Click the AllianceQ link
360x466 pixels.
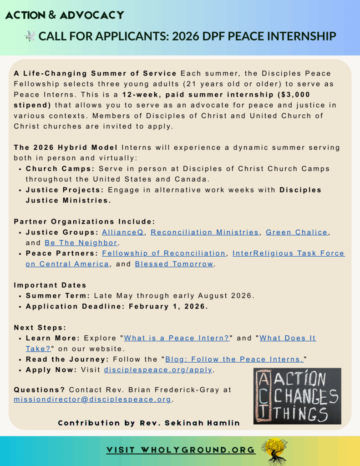(123, 232)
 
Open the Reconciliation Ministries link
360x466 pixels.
(204, 232)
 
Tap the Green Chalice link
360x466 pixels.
(296, 232)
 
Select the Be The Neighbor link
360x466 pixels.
(81, 243)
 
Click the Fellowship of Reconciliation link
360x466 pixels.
(164, 253)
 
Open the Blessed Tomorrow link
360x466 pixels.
(174, 264)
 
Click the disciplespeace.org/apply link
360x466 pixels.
(158, 370)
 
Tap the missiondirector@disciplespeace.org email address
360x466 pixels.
(92, 399)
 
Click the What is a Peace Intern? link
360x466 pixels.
(177, 338)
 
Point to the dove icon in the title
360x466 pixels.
(30, 36)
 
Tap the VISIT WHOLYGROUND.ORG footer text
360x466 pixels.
(181, 450)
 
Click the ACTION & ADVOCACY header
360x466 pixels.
(64, 15)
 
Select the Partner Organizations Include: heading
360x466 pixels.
(84, 222)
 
